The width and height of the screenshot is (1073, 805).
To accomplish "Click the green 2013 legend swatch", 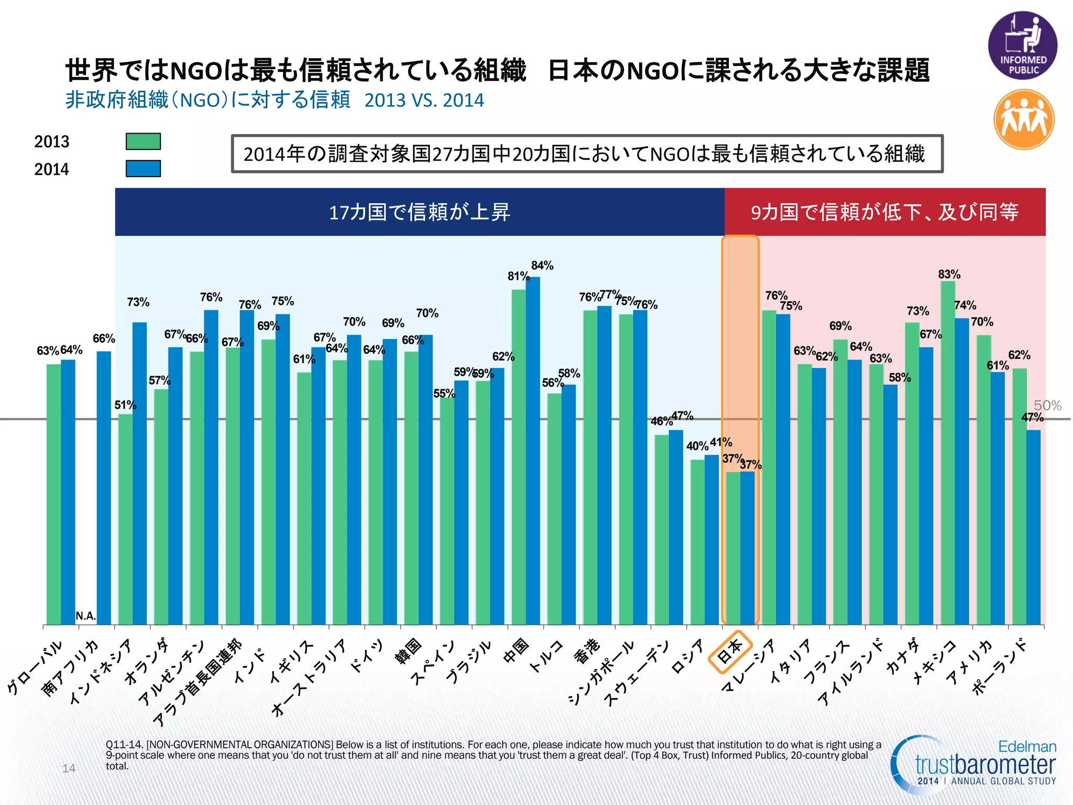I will coord(143,142).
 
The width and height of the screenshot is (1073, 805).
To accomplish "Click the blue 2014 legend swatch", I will coord(143,169).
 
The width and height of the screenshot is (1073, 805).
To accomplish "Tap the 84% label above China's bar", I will coord(542,266).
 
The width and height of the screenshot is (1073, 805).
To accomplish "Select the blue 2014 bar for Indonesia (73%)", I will coord(139,472).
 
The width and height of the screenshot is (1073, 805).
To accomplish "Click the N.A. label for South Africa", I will coord(86,616).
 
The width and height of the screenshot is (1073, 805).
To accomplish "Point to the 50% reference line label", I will coord(1047,405).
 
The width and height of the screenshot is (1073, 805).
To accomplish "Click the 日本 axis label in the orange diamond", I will coord(730,652).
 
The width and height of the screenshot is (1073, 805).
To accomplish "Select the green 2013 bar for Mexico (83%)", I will coord(947,451).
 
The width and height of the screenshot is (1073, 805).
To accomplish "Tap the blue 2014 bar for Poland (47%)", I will coord(1033,524).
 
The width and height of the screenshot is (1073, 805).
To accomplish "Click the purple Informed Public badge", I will coord(1022,46).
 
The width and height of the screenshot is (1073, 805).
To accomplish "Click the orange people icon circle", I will coord(1024,119).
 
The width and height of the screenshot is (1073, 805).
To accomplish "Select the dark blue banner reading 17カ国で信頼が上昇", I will coord(419,212).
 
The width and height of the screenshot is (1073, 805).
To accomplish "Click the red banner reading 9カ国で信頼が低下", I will coord(884,212).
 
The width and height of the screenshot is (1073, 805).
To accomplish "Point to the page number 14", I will coord(69,768).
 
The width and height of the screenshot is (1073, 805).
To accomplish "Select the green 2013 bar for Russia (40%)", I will coord(697,540).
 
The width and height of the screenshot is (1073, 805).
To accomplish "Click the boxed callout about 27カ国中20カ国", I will coord(586,154).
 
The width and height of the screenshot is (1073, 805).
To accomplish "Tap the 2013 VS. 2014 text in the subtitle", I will coord(424,100).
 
